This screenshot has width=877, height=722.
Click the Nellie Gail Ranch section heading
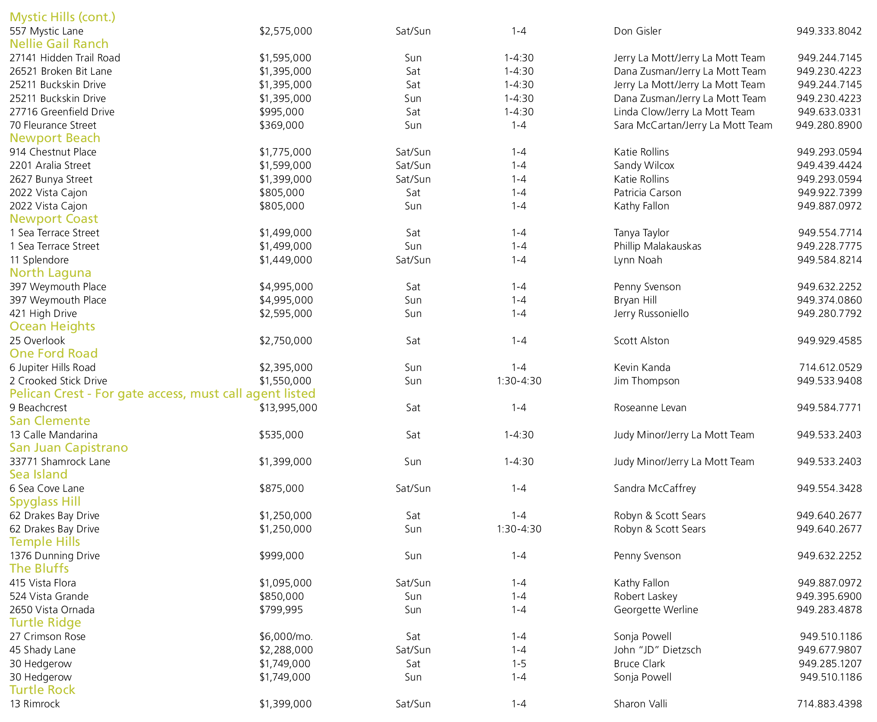[59, 44]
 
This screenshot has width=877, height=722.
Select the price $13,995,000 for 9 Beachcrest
[288, 408]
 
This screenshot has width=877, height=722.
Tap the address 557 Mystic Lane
[46, 31]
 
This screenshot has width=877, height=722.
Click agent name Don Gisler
[637, 31]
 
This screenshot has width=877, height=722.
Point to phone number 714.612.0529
[830, 367]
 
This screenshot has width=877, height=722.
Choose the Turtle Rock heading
[42, 690]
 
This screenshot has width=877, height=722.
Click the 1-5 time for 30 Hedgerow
[518, 664]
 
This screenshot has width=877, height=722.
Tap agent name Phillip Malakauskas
[657, 246]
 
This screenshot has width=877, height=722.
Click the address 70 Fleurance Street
[53, 125]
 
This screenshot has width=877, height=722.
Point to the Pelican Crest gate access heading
[162, 394]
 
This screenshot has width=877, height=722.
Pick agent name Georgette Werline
[655, 610]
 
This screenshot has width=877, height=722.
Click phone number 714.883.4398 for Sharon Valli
[829, 704]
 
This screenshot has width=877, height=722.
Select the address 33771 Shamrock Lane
[60, 462]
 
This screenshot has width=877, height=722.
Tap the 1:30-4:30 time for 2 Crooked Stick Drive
[518, 381]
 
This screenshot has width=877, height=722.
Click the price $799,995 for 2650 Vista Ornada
[281, 610]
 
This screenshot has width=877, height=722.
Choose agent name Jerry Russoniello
[651, 313]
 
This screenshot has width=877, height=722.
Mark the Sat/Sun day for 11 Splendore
[413, 260]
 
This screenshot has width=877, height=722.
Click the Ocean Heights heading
[52, 326]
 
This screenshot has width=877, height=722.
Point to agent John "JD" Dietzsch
[657, 650]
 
